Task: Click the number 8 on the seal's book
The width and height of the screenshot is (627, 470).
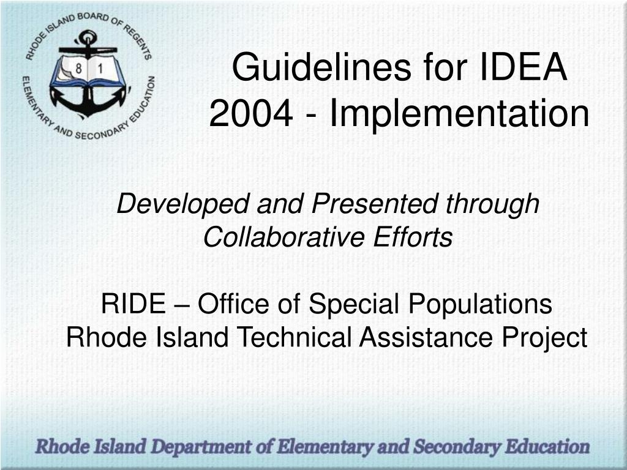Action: click(x=78, y=69)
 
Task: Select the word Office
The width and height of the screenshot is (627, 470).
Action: click(x=233, y=304)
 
